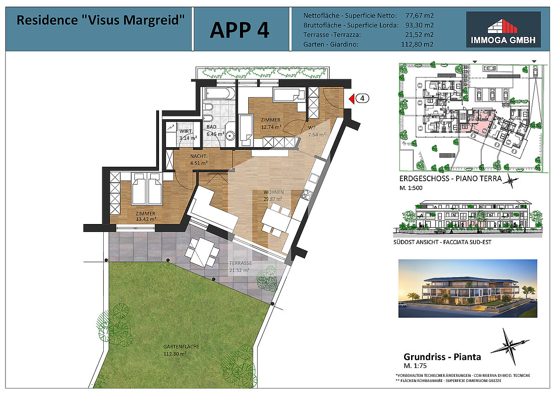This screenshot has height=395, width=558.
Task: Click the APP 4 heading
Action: coord(239,30)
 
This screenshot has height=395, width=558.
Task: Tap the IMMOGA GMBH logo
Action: coord(503,29)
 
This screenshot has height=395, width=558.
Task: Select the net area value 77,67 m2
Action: coord(419,15)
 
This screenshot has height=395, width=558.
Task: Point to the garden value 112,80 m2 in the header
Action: coord(417,44)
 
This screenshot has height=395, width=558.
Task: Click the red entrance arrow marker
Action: coord(352,99)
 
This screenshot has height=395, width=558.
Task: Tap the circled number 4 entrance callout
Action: coord(362,99)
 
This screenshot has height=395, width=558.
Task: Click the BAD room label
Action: coord(211,127)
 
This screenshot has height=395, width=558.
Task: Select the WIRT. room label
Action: coord(186,131)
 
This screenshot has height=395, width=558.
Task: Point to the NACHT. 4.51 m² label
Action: coord(199,159)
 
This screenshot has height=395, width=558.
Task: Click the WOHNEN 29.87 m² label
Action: coord(273,195)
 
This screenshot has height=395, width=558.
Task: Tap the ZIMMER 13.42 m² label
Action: coord(146,216)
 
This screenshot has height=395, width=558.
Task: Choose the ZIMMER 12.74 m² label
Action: coord(271,123)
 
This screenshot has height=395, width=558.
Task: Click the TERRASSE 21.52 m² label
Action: coord(240,266)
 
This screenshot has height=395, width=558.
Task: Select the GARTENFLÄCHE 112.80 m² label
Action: coord(181,350)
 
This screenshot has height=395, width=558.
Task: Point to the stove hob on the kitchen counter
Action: coord(306,194)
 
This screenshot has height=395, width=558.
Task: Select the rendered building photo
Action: coord(468,288)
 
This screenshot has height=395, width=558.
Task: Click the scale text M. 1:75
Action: coord(415,366)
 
